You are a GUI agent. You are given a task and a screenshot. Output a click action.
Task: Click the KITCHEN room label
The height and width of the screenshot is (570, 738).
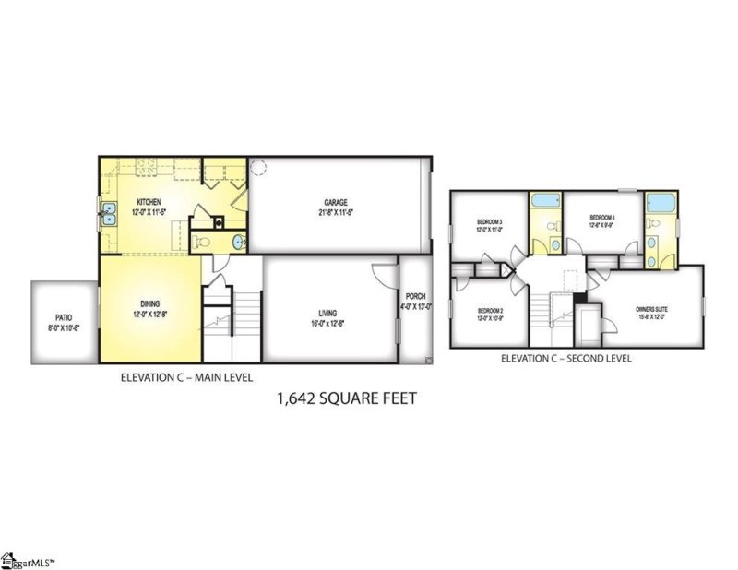(149, 201)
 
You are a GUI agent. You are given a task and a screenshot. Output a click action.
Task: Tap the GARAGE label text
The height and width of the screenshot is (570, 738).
(335, 203)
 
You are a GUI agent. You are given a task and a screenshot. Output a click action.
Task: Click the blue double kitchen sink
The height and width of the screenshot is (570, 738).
(108, 214)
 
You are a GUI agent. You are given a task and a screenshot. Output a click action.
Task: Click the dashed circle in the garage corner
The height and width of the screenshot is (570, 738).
(259, 168)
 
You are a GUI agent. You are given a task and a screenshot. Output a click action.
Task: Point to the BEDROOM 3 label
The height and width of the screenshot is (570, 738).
(489, 222)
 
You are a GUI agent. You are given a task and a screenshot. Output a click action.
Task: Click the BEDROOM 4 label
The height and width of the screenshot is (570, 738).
(602, 218)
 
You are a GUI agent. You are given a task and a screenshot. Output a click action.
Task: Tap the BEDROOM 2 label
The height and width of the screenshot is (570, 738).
(490, 311)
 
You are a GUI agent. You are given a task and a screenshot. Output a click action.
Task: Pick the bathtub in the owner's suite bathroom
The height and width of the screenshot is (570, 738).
(661, 204)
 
